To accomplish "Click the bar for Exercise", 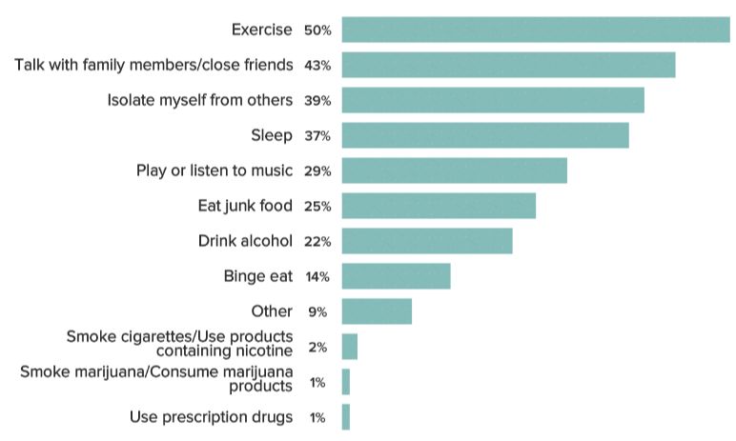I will coord(535,30).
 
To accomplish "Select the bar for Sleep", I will coord(484,135).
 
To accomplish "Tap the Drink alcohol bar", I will coord(426,241).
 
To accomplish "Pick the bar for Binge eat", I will coord(396,276).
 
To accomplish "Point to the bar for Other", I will coord(377,311).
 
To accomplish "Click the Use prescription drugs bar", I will coord(345,417).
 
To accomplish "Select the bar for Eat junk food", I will coord(438,206).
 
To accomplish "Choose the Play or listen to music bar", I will coord(454,170).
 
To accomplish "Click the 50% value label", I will coord(317,30).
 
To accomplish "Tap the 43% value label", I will coord(317,66).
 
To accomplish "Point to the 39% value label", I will coord(317,101).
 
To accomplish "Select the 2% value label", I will coord(317,347).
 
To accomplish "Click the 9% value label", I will coord(317,311).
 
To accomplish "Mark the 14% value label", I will coord(317,277).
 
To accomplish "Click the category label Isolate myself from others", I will coord(199,100).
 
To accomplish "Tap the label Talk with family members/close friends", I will coord(153,65).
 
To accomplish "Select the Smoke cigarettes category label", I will coord(179,344).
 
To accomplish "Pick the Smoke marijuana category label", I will coord(156,378).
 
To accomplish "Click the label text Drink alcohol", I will coord(245,241).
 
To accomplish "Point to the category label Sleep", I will coord(272,135).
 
